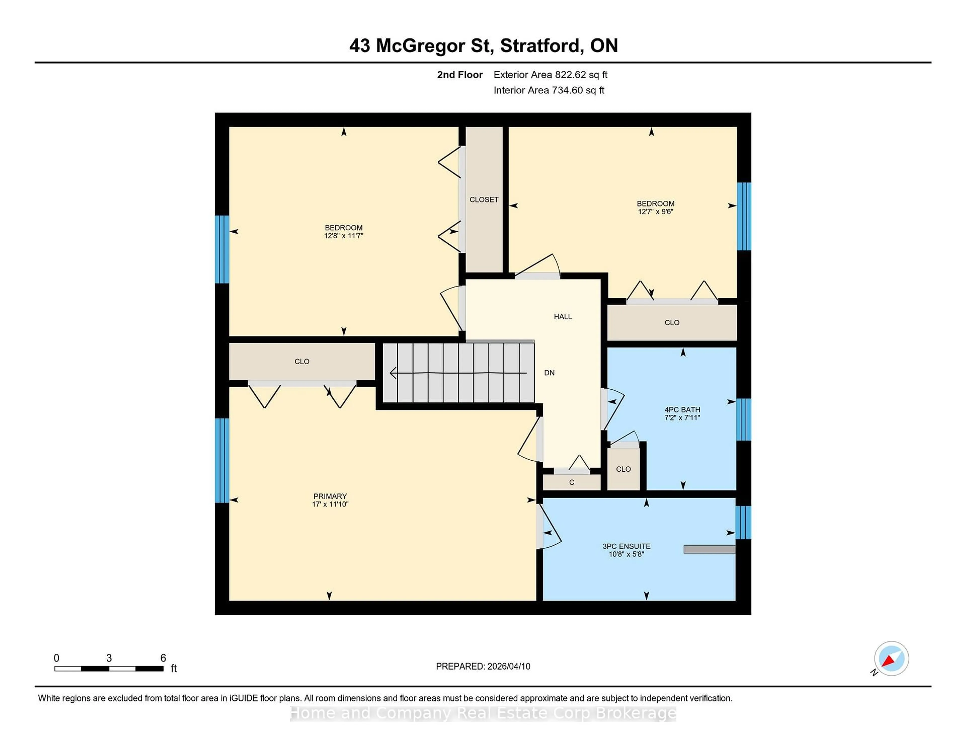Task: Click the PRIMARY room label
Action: coord(330,496)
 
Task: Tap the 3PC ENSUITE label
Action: coord(626,546)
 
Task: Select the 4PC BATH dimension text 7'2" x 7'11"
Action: coord(682,417)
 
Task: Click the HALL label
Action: coord(562,316)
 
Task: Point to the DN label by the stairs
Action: coord(549,372)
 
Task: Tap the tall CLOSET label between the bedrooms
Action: coord(484,200)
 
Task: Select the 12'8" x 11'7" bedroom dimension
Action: coord(344,235)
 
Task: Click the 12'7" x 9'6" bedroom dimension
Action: coord(656,211)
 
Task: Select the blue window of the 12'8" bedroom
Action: coord(222,249)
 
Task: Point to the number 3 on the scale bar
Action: coord(109,658)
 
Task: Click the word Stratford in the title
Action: coord(541,46)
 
